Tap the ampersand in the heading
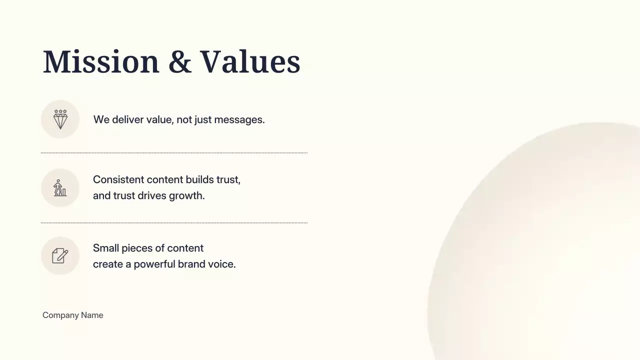pos(180,62)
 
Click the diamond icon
pos(60,119)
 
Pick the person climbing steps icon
pos(60,188)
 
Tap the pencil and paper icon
pos(60,256)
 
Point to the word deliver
pos(127,120)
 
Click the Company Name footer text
pos(73,315)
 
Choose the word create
pos(107,264)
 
